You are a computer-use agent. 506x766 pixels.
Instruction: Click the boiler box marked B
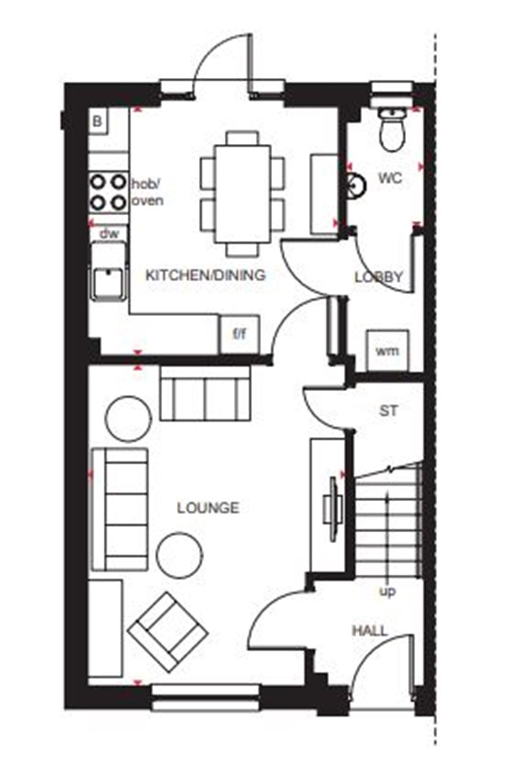[98, 121]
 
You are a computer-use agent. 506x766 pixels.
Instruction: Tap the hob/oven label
[147, 192]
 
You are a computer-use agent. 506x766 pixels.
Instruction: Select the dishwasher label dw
[109, 234]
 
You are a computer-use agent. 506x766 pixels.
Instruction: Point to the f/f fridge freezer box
[239, 334]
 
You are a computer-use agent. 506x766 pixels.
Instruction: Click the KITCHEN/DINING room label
[206, 275]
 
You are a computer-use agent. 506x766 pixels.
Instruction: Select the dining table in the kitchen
[242, 193]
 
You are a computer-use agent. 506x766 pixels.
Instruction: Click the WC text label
[390, 178]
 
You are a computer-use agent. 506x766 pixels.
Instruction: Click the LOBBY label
[379, 277]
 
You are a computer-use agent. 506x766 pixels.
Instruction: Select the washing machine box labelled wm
[387, 351]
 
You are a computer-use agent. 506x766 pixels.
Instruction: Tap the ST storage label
[388, 410]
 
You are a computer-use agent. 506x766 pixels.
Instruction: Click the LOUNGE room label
[208, 507]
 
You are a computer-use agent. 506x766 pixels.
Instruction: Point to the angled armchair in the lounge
[167, 632]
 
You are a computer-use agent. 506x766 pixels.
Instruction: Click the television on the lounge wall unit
[334, 507]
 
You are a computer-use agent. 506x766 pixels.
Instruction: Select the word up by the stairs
[387, 591]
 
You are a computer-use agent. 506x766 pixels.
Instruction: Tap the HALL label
[370, 631]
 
